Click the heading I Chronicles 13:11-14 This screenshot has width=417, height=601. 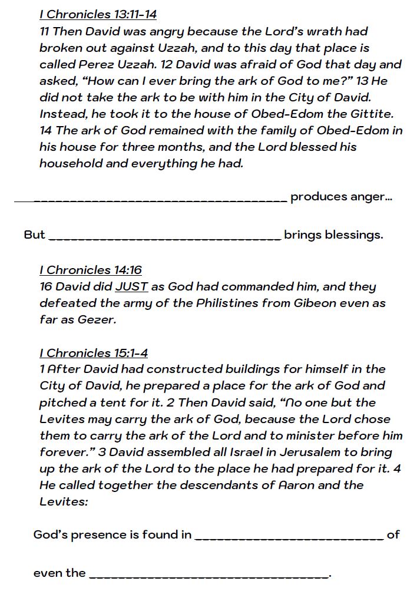point(98,14)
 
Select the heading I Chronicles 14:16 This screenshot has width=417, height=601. point(91,270)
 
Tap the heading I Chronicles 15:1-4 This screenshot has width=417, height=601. point(94,353)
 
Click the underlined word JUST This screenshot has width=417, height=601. point(132,287)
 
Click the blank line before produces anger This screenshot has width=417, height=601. point(151,201)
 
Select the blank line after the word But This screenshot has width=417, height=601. point(164,239)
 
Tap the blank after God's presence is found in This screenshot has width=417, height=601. point(289,538)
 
